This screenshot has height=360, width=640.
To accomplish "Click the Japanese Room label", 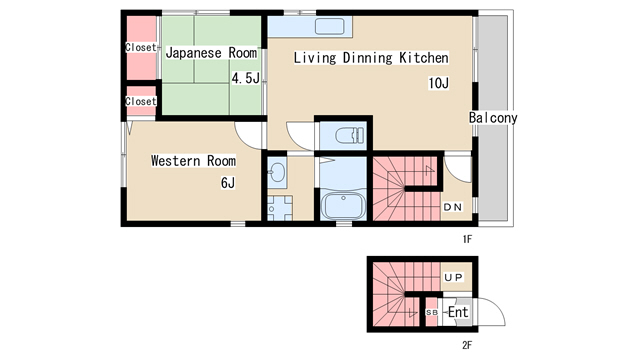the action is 211,53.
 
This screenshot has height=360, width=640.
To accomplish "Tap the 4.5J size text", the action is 246,78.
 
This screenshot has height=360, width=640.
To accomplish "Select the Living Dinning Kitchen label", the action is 371,58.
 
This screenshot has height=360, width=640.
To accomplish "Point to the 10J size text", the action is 439,83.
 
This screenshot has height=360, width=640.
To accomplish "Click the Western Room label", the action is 193,160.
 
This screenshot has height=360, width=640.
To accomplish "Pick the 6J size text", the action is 228,182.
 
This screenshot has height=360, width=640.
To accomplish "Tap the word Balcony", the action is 493,118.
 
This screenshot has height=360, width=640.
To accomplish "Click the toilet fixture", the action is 349,136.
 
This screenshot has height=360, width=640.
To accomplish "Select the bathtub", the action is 343,206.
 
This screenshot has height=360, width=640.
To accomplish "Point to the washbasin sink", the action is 278,172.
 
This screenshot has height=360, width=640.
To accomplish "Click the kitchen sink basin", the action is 329,27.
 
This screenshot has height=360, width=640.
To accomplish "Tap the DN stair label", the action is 453,207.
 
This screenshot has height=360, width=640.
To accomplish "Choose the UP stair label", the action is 453,278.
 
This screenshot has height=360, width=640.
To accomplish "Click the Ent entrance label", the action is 458,312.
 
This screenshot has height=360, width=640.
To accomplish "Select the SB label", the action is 432,312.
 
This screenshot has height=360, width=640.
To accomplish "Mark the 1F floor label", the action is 467,239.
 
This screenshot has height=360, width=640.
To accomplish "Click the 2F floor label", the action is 467,345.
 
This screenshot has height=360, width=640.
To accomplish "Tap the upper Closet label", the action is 141,47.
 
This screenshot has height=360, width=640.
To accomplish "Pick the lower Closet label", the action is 141,101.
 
